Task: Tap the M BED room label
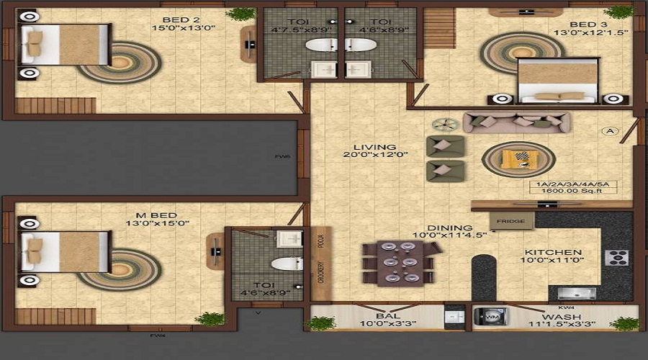click(x=157, y=214)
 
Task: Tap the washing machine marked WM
click(x=492, y=316)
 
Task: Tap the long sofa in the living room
click(x=517, y=122)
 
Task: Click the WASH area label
click(x=561, y=315)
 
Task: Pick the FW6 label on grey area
click(x=282, y=156)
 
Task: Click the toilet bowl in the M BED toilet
click(x=286, y=264)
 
